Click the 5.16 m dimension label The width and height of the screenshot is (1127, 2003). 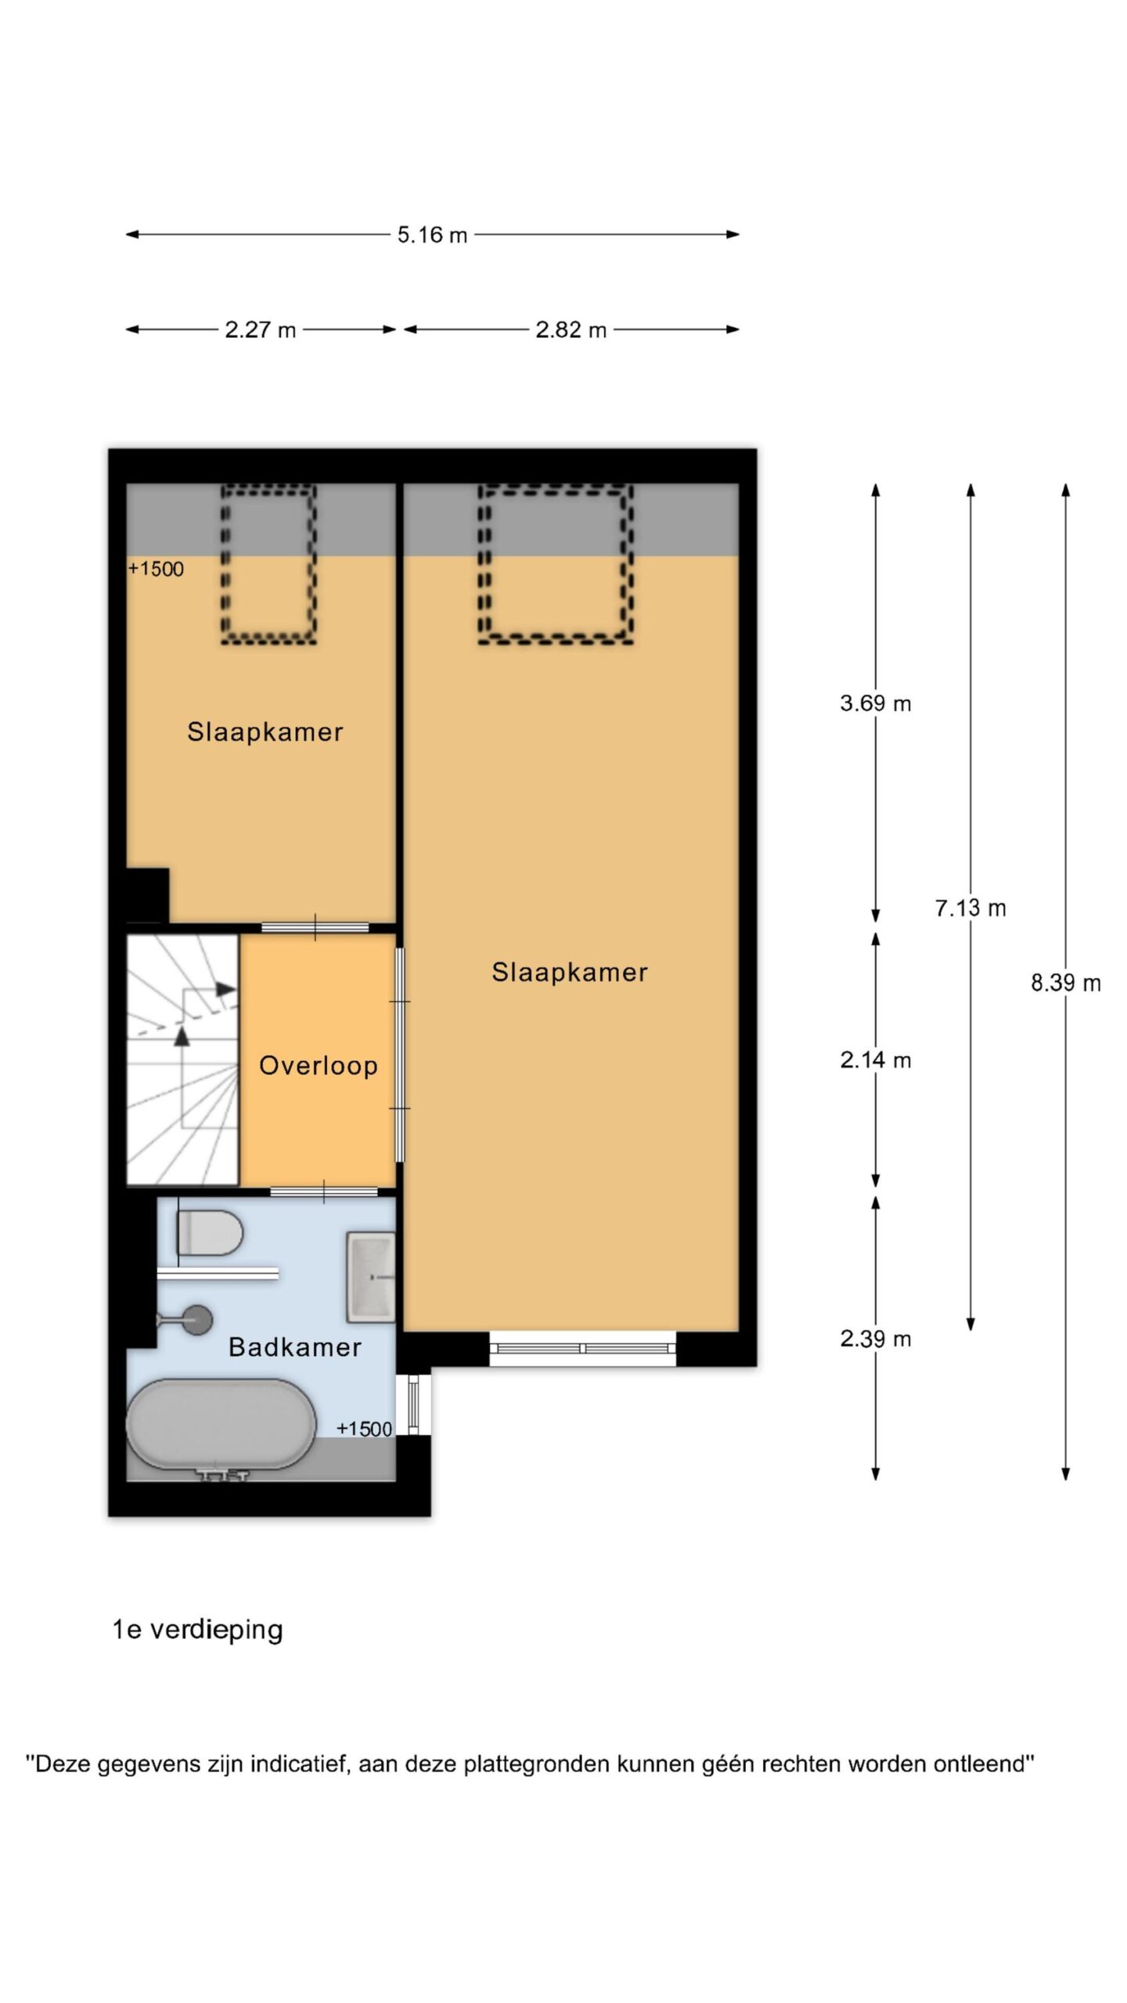(x=432, y=235)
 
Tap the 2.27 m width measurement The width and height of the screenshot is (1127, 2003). (x=261, y=330)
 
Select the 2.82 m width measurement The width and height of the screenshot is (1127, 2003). (x=571, y=330)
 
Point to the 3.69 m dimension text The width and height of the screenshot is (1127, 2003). (x=876, y=703)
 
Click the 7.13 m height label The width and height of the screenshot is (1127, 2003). (x=970, y=908)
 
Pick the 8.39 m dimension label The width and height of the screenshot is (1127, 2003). (x=1066, y=983)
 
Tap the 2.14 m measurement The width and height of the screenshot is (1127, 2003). (x=876, y=1060)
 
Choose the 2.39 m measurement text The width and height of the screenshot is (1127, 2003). (x=876, y=1339)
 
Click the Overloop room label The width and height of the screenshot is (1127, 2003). (x=319, y=1066)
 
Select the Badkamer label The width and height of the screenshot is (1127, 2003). (x=295, y=1347)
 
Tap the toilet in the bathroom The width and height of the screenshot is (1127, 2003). (x=210, y=1232)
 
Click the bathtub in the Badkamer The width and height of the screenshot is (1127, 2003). (x=221, y=1422)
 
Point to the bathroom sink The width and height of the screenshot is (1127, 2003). (x=370, y=1277)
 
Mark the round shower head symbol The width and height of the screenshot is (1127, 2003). (x=196, y=1320)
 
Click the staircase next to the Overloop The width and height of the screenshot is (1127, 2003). (x=182, y=1059)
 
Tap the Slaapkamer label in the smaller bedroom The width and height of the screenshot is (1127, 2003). (x=265, y=732)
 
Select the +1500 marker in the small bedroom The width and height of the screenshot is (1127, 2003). (x=157, y=570)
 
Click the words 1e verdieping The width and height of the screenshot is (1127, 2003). (x=197, y=1630)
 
